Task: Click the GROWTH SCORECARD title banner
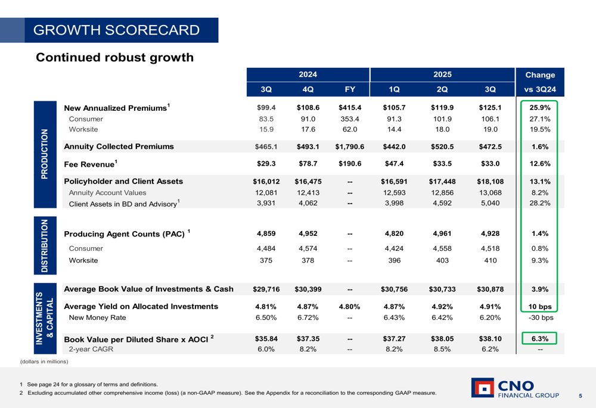click(x=117, y=30)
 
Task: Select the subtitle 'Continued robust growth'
click(x=115, y=57)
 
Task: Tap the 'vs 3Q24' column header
click(x=539, y=90)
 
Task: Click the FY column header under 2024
click(x=350, y=90)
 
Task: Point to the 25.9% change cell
click(x=539, y=108)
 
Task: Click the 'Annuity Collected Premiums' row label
click(x=119, y=146)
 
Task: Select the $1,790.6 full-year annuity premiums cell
click(x=350, y=146)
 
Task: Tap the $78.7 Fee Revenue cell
click(x=308, y=164)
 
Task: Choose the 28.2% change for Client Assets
click(x=539, y=204)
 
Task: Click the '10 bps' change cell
click(x=539, y=307)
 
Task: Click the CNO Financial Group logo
click(x=515, y=388)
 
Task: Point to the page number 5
click(x=580, y=395)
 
